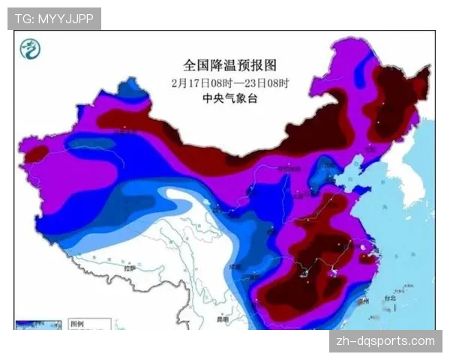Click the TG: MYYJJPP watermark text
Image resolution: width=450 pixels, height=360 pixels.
[x=54, y=19]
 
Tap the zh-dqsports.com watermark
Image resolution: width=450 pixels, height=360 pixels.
[x=383, y=341]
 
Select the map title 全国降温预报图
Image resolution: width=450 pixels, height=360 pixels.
[x=226, y=66]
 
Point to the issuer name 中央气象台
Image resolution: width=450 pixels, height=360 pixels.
[x=226, y=98]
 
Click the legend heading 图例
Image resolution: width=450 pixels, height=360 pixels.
[x=76, y=324]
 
